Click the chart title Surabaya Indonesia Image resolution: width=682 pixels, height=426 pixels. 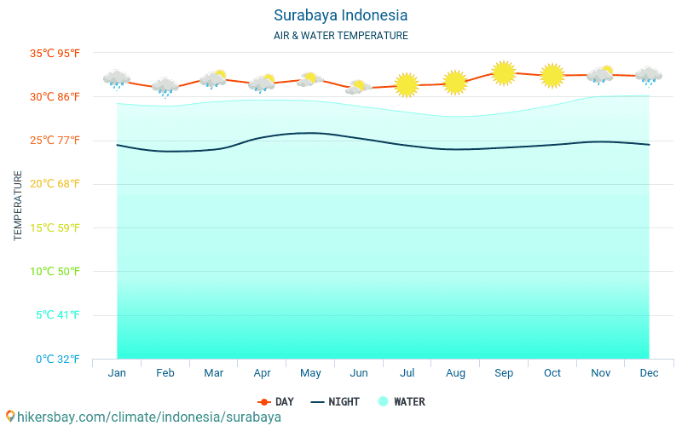pos(340,15)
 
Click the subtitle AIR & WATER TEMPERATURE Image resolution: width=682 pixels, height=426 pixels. pos(340,36)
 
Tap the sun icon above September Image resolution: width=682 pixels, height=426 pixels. pos(504,73)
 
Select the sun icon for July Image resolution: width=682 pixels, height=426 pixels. pos(407,84)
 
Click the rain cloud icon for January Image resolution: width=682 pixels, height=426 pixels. pos(117,79)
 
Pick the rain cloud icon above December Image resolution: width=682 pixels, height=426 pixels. pos(649,76)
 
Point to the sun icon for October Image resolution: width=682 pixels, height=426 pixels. pos(552,76)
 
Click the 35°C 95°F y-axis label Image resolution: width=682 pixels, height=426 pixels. pos(55,53)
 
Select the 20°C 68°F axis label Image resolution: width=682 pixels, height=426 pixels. pos(55,184)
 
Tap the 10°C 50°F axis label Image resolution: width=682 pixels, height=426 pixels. pos(55,272)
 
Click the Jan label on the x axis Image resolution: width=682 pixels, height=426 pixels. pos(117,373)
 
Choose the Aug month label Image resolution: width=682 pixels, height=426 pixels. pos(455,373)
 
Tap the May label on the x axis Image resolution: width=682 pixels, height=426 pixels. pos(310,373)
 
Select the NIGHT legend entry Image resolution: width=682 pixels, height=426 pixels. pos(335,402)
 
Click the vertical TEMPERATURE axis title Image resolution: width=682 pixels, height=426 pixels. pos(19,205)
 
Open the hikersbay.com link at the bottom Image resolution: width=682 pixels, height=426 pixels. pos(143,417)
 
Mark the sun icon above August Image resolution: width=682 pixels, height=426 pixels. pos(455,83)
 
